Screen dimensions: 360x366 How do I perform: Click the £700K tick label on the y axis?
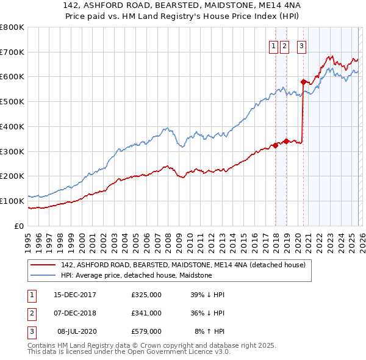point(12,52)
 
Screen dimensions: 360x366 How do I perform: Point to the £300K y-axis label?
point(12,151)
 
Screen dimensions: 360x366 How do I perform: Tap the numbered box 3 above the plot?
point(302,45)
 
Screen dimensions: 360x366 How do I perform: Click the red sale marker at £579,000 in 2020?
point(303,81)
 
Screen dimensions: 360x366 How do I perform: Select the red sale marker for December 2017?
point(275,145)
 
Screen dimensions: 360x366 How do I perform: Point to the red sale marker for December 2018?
point(285,141)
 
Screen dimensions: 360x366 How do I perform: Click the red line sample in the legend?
point(42,265)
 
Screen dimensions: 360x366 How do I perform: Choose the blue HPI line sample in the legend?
point(42,275)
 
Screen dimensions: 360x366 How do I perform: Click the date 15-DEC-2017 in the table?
point(75,295)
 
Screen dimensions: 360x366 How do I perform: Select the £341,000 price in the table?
point(146,313)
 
